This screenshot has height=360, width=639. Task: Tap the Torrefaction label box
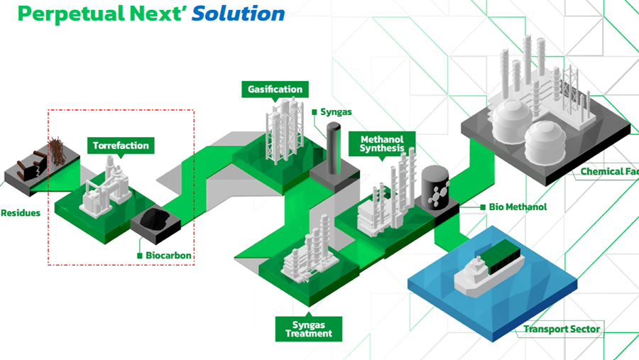point(121,146)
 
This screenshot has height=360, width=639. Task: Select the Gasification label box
point(275,89)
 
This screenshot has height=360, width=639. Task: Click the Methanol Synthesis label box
point(382,143)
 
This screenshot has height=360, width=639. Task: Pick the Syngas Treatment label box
point(308,329)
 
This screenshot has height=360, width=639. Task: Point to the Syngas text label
point(336,112)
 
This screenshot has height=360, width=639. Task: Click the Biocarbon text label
point(169,256)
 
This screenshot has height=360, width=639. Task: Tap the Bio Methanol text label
point(518,207)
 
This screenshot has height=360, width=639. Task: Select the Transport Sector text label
point(562,329)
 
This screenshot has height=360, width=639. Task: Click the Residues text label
point(20,212)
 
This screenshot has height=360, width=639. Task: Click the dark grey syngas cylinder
point(333,149)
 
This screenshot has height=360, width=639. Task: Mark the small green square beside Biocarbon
point(140,256)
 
